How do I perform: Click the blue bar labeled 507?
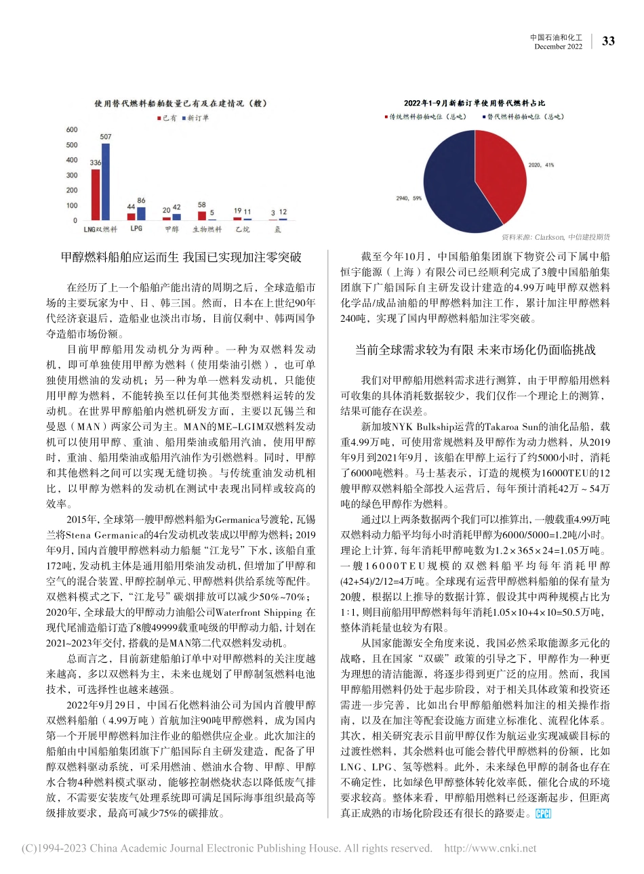pyautogui.click(x=105, y=182)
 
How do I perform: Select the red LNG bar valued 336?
pyautogui.click(x=96, y=194)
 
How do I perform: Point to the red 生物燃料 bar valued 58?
pyautogui.click(x=202, y=215)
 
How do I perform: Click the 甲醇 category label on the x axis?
pyautogui.click(x=172, y=230)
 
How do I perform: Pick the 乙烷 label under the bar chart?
pyautogui.click(x=242, y=230)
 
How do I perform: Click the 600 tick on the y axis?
pyautogui.click(x=71, y=130)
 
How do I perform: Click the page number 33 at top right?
pyautogui.click(x=608, y=41)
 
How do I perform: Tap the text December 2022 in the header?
pyautogui.click(x=558, y=47)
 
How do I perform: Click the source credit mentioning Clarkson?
pyautogui.click(x=555, y=237)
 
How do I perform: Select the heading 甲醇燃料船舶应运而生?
pyautogui.click(x=181, y=258)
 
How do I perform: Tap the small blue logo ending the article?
pyautogui.click(x=543, y=814)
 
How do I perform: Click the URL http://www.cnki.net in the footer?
pyautogui.click(x=489, y=848)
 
